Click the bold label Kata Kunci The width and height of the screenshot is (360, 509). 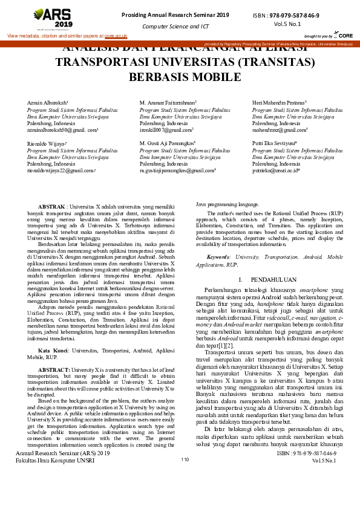coord(52,333)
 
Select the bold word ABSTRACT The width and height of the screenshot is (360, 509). coord(54,352)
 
